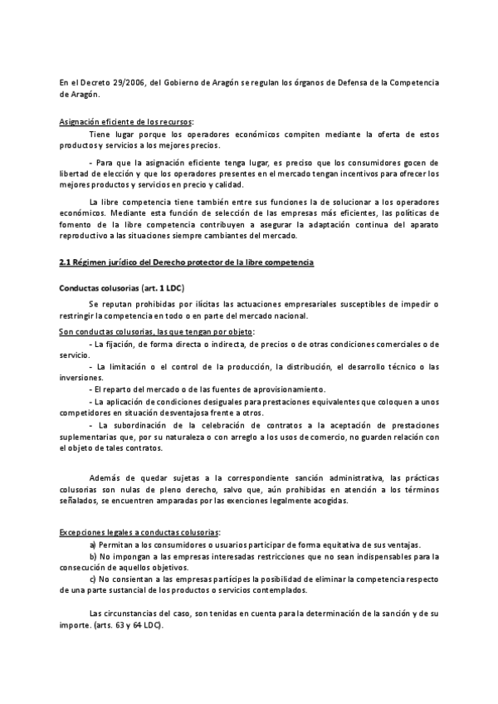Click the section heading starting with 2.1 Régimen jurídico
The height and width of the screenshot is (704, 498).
[x=187, y=263]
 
